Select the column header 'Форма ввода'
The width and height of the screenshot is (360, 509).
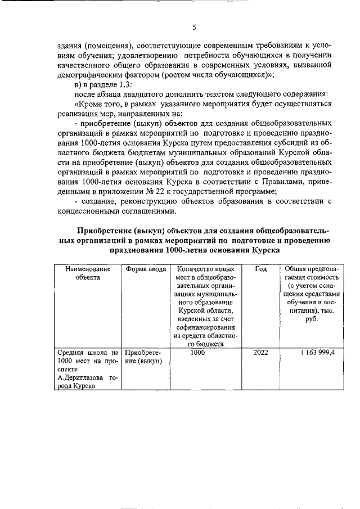pos(146,269)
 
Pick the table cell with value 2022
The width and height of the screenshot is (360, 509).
pos(260,353)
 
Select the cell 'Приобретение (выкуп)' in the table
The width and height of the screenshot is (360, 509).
pos(143,357)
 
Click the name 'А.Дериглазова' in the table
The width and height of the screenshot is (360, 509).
pos(82,379)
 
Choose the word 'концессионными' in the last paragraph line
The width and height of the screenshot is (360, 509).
pos(90,210)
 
